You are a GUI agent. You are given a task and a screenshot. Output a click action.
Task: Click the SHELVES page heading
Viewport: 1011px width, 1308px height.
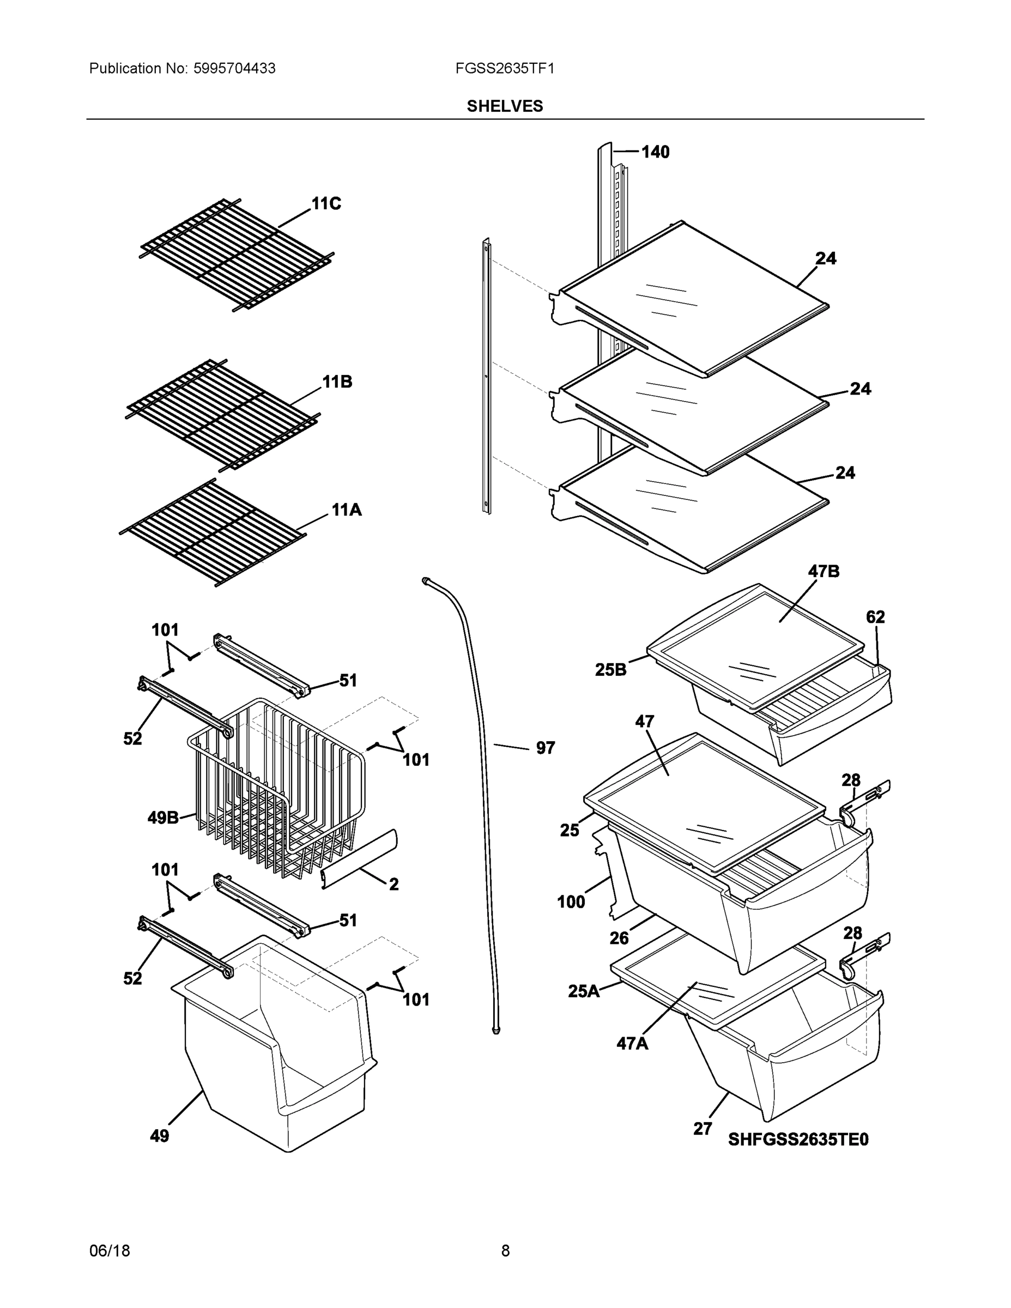click(504, 106)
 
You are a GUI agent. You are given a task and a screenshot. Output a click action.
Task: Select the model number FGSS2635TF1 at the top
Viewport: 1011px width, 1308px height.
click(504, 68)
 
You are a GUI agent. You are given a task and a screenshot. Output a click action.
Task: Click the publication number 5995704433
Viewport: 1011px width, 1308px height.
click(234, 68)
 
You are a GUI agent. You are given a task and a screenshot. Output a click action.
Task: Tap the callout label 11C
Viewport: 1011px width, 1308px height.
click(326, 204)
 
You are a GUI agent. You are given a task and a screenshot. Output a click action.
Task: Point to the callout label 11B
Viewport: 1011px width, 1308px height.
click(337, 381)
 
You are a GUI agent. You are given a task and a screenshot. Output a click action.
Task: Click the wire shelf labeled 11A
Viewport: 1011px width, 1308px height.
click(213, 533)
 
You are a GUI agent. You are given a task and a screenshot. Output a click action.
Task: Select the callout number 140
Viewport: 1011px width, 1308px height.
click(655, 152)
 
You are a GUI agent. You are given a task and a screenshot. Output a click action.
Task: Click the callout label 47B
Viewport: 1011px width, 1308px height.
click(824, 571)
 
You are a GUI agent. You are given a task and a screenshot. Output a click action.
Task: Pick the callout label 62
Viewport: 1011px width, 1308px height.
click(875, 617)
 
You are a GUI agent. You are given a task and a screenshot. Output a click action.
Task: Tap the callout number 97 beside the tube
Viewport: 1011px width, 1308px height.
click(545, 748)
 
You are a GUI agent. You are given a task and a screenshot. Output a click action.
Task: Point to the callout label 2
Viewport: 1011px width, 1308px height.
click(393, 885)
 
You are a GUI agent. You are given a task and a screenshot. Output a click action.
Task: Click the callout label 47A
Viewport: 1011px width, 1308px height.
click(632, 1044)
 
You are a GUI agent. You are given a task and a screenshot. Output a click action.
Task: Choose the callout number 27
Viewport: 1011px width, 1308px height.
click(703, 1129)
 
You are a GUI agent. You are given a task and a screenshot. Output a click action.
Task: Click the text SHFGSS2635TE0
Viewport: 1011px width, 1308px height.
click(798, 1139)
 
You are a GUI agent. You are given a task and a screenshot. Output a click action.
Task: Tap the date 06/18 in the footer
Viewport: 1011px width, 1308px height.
click(110, 1251)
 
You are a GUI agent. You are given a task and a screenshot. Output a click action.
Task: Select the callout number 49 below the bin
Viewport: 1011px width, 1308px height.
click(159, 1136)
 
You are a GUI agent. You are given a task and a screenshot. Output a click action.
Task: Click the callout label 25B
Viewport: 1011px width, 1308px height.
click(610, 670)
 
